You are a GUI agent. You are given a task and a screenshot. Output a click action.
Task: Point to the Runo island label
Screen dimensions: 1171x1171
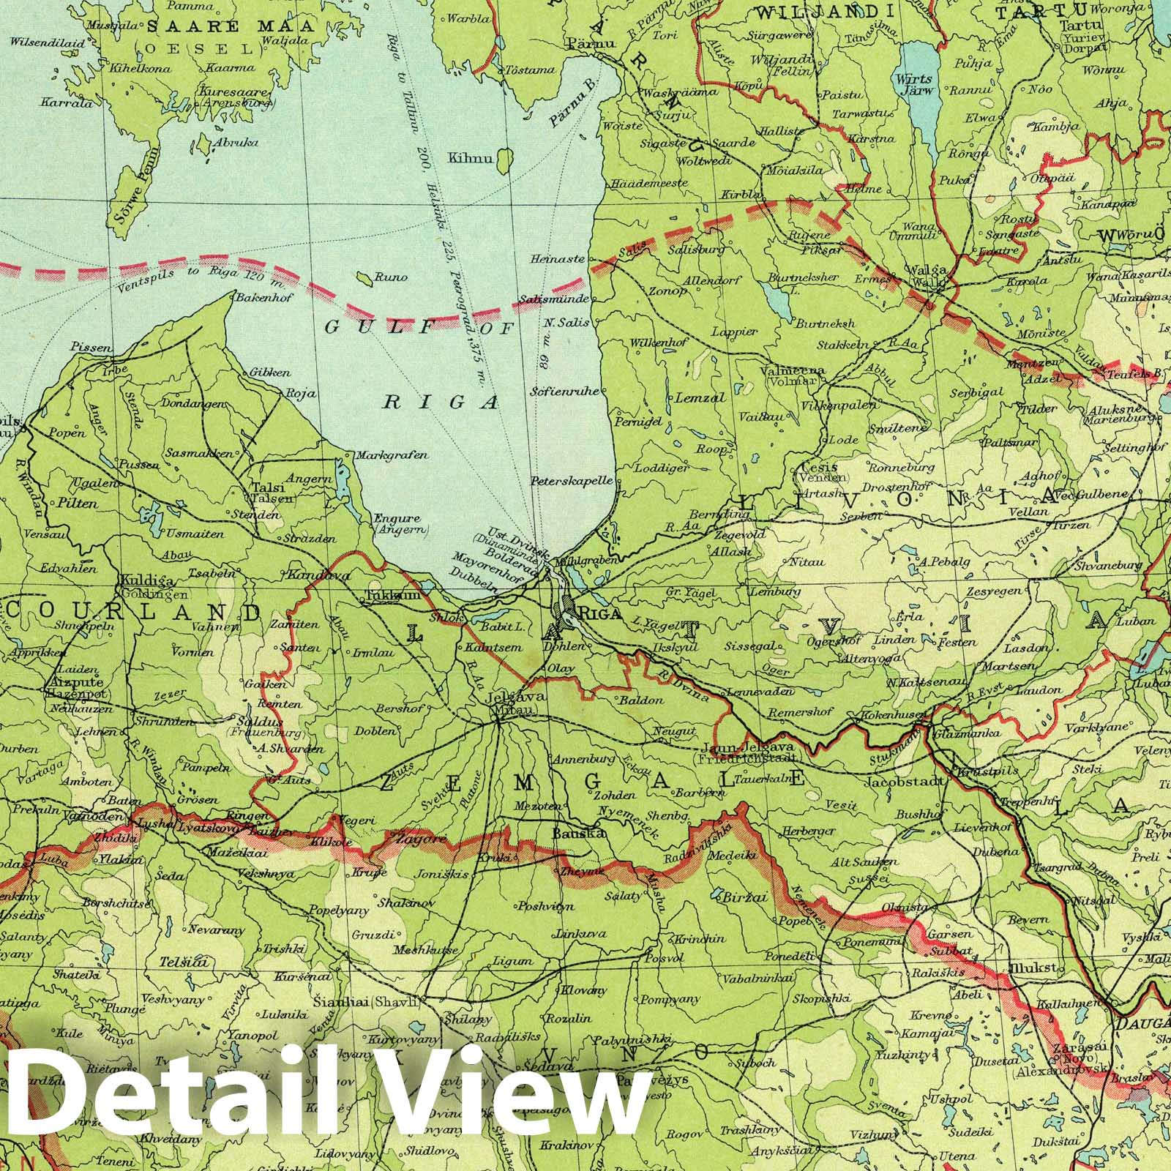pyautogui.click(x=385, y=277)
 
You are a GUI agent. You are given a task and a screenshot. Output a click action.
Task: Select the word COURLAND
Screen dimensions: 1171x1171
pyautogui.click(x=135, y=612)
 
